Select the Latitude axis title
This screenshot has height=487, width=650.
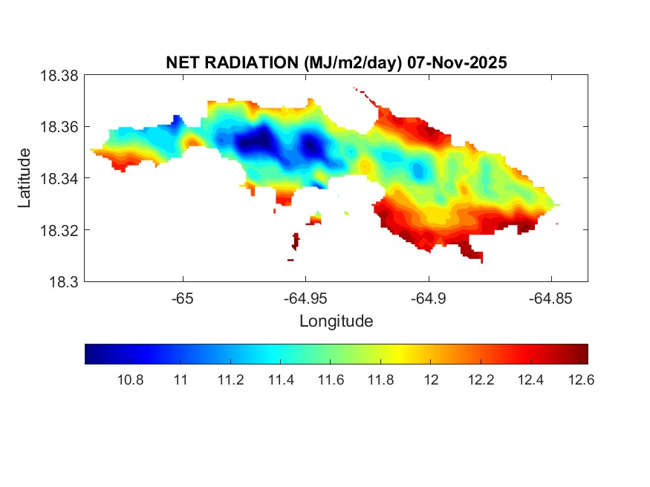[25, 178]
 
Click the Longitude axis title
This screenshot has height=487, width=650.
[336, 321]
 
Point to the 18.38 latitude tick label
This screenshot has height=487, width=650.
[58, 76]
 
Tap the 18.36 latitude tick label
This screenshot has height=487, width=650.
[58, 127]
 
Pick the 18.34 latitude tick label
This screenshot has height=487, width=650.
[58, 178]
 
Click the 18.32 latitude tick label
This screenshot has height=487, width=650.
[58, 230]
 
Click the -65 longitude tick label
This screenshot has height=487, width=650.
[183, 298]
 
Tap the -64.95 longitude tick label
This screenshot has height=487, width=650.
[305, 298]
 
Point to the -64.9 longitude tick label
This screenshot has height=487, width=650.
[428, 298]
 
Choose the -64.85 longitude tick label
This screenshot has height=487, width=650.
[550, 298]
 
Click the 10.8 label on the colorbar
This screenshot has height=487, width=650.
[131, 380]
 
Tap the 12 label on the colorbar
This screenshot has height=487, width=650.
[431, 380]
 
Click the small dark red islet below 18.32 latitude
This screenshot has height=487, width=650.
[296, 241]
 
